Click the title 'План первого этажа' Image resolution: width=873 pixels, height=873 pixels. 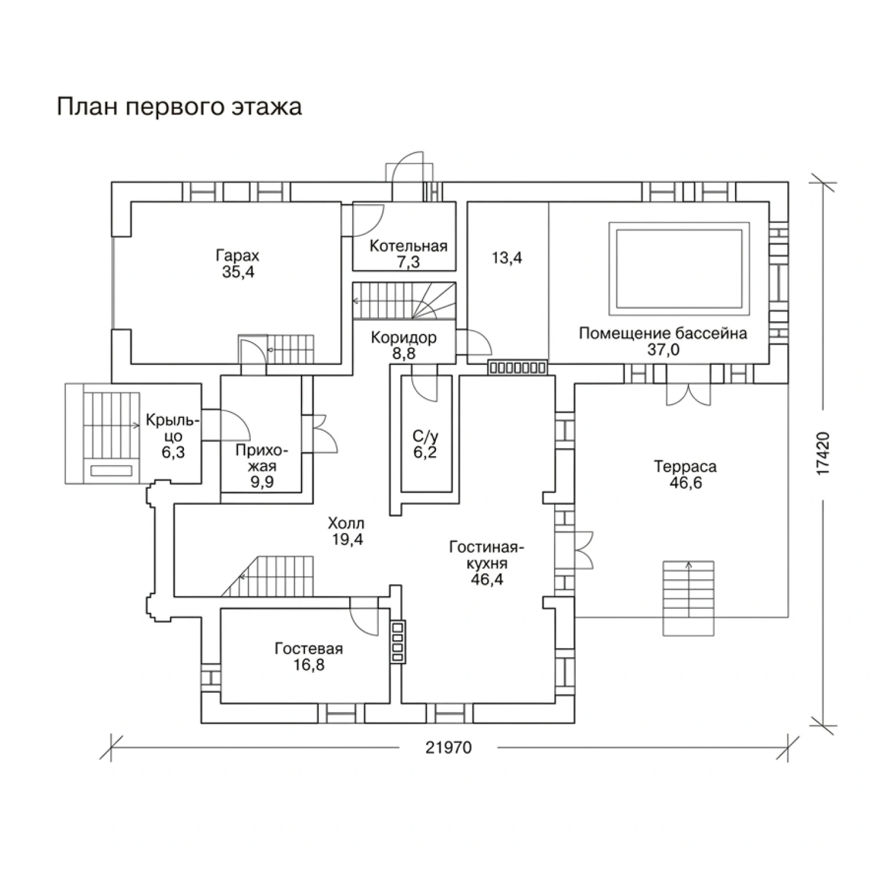[x=179, y=108]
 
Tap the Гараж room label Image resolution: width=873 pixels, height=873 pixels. [x=237, y=256]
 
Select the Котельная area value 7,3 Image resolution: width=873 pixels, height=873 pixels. [x=409, y=262]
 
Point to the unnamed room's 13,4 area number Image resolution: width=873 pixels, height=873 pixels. [x=507, y=258]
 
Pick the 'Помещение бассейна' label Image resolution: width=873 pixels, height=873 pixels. [x=663, y=333]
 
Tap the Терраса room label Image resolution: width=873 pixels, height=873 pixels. [x=685, y=467]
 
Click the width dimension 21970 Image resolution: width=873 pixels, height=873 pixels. [x=448, y=748]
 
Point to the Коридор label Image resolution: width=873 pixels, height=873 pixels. [x=404, y=338]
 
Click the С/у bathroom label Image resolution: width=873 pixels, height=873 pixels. [x=425, y=436]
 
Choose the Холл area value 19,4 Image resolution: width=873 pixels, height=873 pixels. [x=347, y=540]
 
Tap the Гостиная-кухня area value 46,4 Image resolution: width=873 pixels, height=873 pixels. [x=487, y=580]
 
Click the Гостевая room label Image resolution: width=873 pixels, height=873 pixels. [x=308, y=648]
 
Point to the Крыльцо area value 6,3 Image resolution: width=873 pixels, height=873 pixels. [x=173, y=452]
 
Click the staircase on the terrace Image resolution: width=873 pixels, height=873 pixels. [x=689, y=598]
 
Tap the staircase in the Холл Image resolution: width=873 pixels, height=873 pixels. [x=268, y=576]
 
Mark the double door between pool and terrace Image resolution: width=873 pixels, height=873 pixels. [x=688, y=393]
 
